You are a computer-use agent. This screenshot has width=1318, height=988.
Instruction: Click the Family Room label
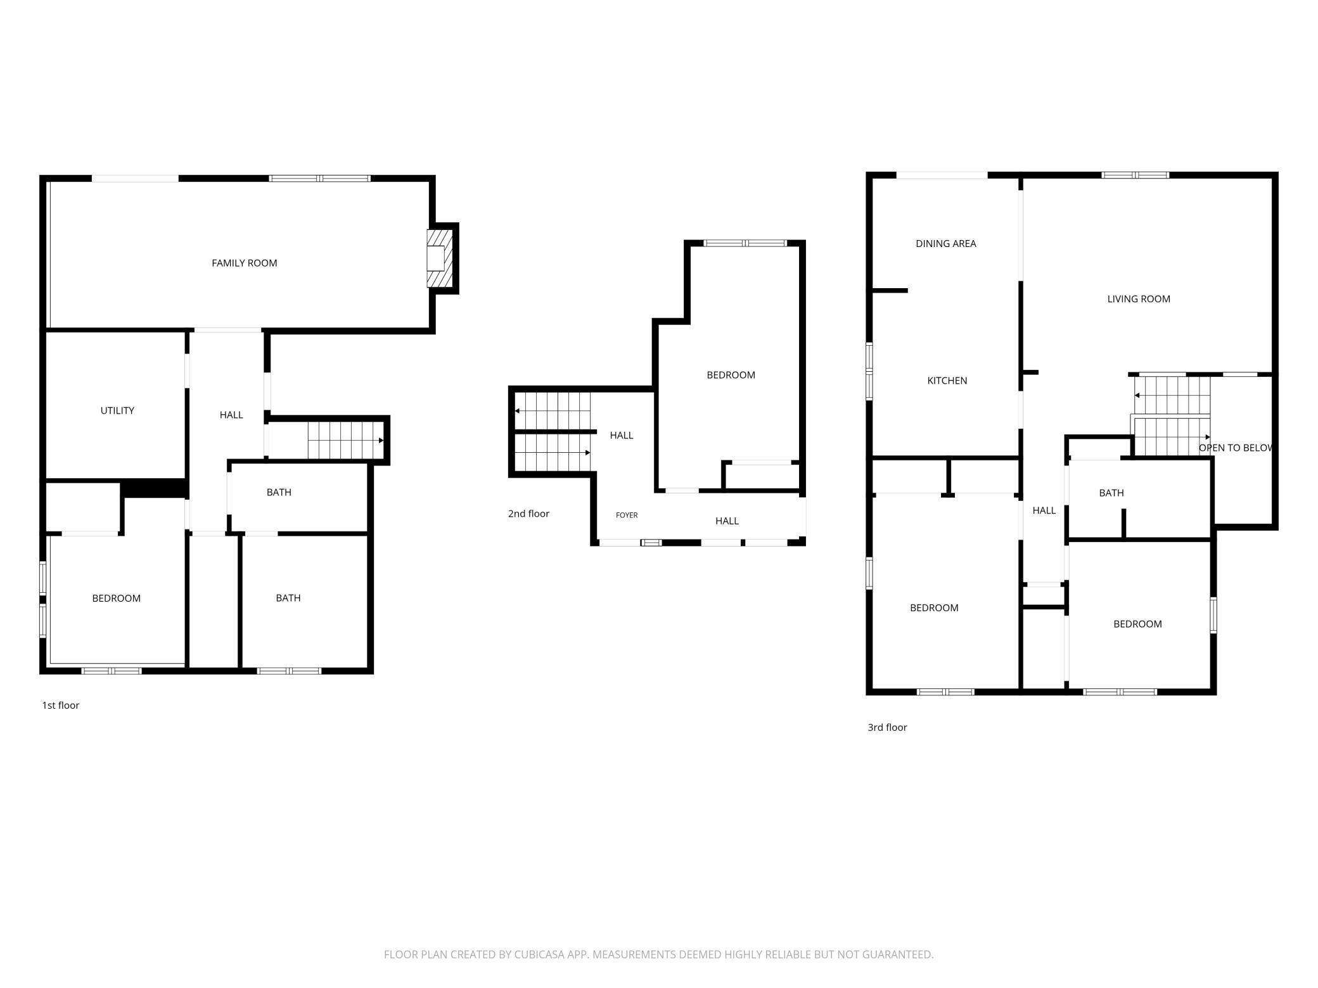click(244, 263)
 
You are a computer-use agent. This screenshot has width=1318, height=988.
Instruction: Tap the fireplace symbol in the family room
click(439, 258)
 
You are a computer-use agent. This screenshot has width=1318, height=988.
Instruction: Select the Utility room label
click(117, 410)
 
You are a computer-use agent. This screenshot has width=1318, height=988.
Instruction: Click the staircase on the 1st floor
click(346, 440)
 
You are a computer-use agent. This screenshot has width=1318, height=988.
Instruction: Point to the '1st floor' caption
click(61, 705)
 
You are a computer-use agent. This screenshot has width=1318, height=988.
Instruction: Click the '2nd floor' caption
click(528, 514)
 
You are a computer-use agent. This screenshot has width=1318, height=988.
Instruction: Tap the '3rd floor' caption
click(887, 727)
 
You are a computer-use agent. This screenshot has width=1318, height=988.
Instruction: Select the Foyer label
click(627, 515)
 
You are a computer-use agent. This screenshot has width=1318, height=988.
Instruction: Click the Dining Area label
click(945, 243)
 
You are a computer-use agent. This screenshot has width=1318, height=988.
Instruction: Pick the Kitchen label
click(947, 381)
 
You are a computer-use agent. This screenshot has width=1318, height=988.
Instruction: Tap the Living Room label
click(1138, 299)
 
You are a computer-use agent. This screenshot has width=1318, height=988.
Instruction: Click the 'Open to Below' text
click(1235, 448)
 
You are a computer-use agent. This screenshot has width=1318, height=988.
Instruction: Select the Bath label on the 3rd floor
click(1111, 493)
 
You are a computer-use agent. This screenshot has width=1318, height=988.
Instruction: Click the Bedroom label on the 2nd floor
click(731, 375)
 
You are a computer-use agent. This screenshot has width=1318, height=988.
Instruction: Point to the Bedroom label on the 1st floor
click(116, 598)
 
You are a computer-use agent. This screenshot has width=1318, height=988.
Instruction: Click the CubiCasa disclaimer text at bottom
click(658, 954)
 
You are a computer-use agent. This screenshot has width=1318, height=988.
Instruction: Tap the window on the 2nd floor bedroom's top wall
click(745, 243)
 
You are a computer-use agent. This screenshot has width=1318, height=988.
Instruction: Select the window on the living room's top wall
click(1135, 175)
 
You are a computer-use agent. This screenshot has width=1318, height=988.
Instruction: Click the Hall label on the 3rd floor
click(1044, 510)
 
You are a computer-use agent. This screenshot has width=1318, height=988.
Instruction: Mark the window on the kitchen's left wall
click(869, 371)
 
